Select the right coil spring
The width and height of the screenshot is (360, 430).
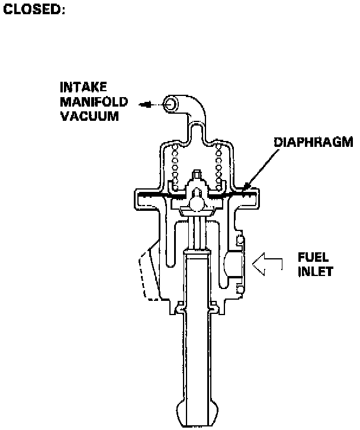[220, 161]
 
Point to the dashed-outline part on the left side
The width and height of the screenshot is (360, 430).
[148, 274]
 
